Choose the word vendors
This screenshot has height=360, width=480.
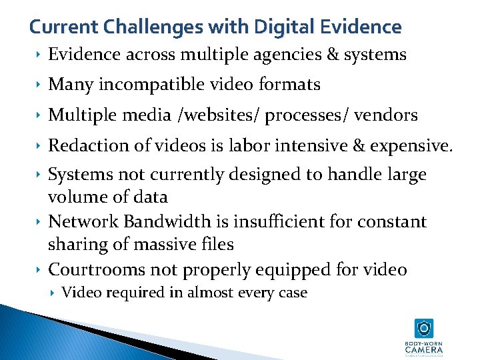point(387,115)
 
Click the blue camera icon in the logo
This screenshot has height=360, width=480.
point(423,328)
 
